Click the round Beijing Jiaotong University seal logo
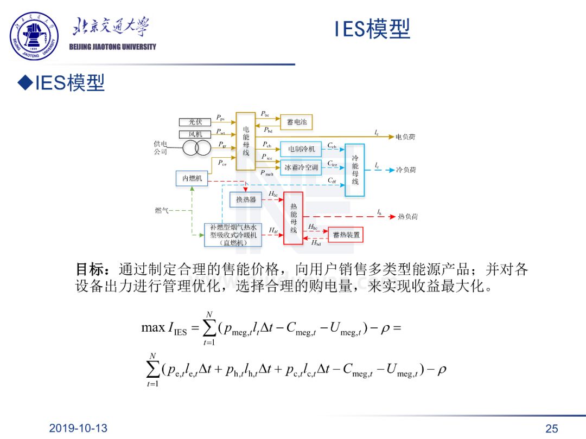[34, 36]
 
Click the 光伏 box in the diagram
[195, 122]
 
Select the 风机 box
[195, 134]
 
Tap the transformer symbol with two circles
[196, 147]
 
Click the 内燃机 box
[192, 178]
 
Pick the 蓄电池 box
[296, 122]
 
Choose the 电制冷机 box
[301, 149]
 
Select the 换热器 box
[245, 200]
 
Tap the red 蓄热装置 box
[346, 235]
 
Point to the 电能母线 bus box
[246, 141]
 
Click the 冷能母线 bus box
[355, 170]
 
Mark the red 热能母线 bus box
[294, 218]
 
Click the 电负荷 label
[406, 137]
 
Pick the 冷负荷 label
[406, 170]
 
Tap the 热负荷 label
[407, 216]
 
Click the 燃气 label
[162, 210]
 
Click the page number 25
[551, 429]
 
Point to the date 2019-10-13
[78, 428]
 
